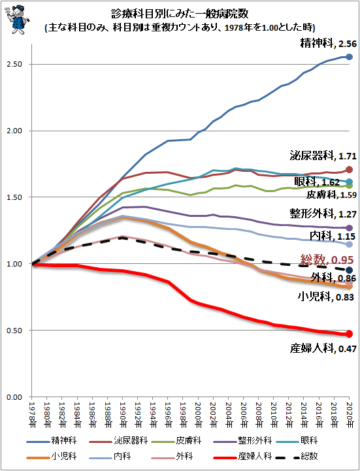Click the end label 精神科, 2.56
click(327, 44)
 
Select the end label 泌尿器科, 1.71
click(322, 156)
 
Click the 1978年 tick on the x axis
click(31, 415)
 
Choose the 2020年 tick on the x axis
click(350, 415)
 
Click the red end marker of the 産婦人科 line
click(350, 334)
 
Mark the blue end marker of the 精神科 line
click(350, 57)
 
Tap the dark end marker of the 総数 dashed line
click(350, 270)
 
